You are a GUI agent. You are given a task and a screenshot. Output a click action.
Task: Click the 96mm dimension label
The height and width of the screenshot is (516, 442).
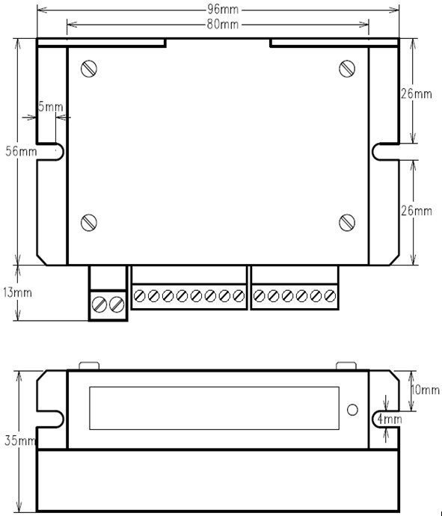pyautogui.click(x=223, y=9)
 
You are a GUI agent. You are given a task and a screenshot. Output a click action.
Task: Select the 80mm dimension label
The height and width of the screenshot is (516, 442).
pyautogui.click(x=223, y=25)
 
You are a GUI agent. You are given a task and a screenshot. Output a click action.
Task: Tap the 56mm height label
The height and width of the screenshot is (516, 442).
pyautogui.click(x=21, y=151)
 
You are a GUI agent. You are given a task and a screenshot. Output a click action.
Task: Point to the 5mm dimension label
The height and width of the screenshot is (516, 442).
pyautogui.click(x=51, y=107)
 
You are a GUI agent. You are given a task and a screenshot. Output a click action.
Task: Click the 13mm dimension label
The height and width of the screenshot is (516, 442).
pyautogui.click(x=17, y=292)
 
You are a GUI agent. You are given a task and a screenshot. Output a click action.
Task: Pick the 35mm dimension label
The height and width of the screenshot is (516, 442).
pyautogui.click(x=20, y=440)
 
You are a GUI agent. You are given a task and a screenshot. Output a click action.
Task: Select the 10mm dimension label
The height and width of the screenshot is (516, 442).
pyautogui.click(x=426, y=390)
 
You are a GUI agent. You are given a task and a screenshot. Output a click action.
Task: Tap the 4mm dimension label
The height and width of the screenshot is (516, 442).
pyautogui.click(x=390, y=419)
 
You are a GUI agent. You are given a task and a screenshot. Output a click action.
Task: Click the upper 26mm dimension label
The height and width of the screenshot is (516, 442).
pyautogui.click(x=417, y=93)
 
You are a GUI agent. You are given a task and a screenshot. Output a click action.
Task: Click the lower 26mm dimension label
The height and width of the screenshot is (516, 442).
pyautogui.click(x=417, y=211)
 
